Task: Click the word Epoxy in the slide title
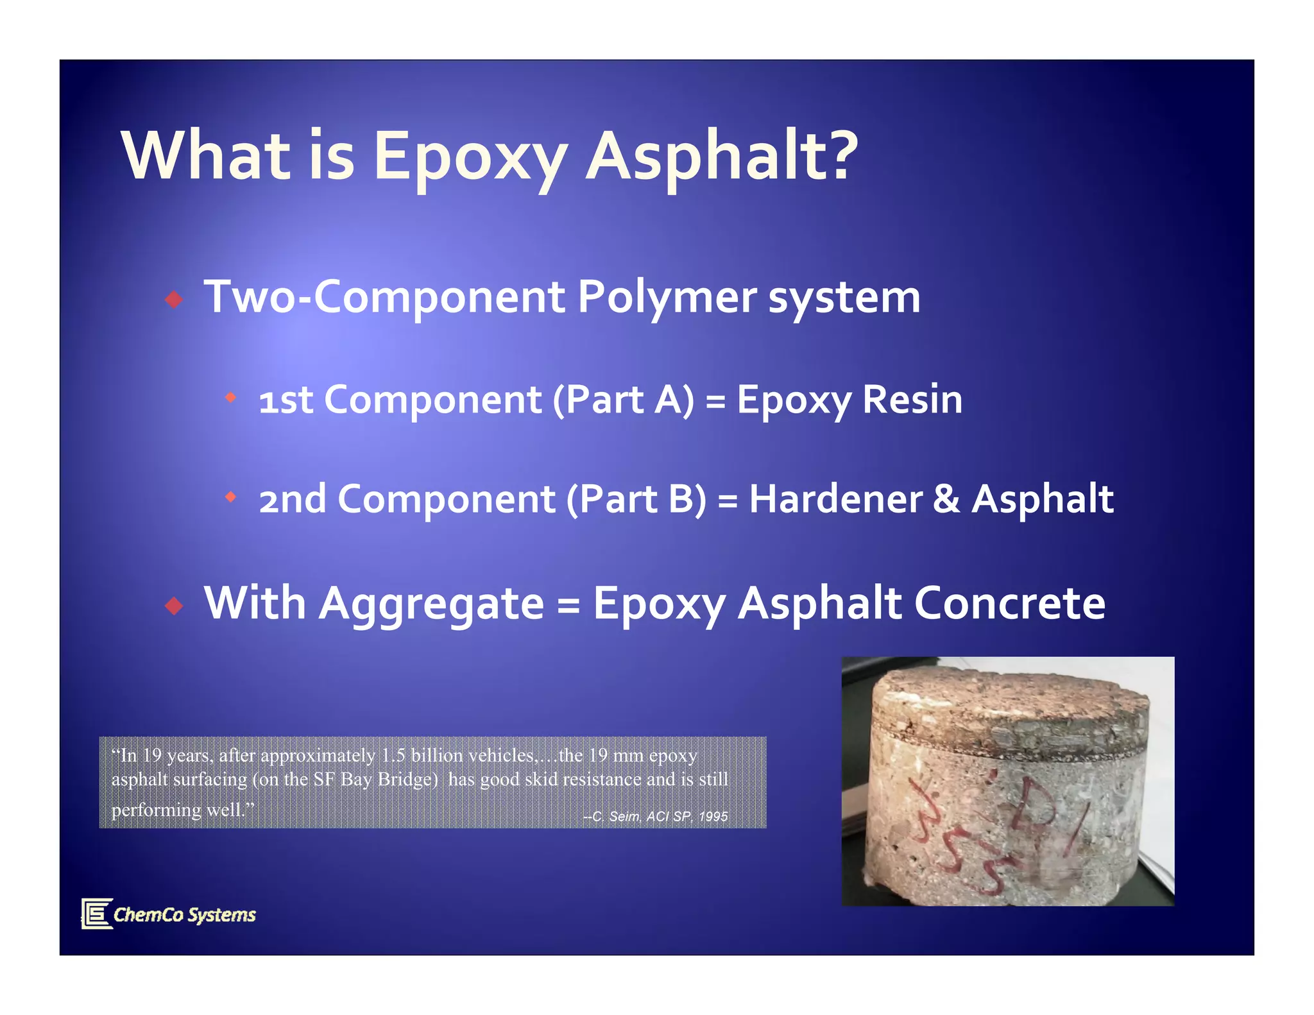coord(470,157)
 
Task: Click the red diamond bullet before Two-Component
coord(174,299)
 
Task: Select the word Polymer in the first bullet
coord(667,298)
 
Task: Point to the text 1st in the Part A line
coord(286,400)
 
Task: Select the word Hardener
coord(835,499)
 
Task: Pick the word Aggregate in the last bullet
coord(431,604)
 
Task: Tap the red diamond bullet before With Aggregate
coord(174,605)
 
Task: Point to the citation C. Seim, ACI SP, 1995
coord(656,816)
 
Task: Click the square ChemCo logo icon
coord(97,913)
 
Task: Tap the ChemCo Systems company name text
coord(185,914)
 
